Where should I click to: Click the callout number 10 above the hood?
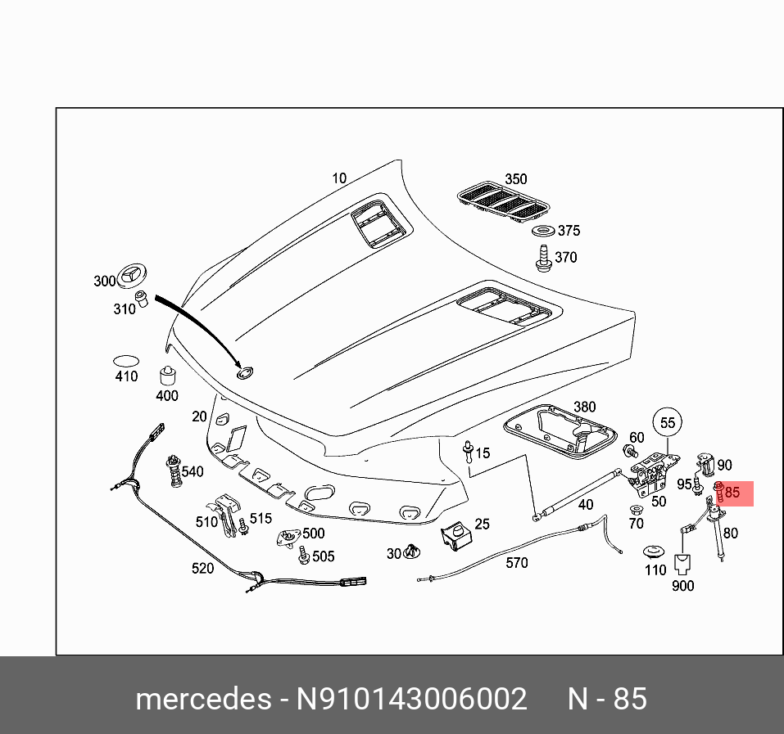[339, 178]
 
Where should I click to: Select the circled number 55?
[668, 422]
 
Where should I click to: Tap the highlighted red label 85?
[732, 493]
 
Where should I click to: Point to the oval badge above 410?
[125, 360]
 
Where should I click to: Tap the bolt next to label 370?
[542, 258]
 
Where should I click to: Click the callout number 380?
[584, 407]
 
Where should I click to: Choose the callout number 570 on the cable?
[517, 562]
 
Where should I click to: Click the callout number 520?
[202, 568]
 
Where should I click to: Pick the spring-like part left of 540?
[174, 471]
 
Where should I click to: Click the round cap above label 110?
[655, 551]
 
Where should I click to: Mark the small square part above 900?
[682, 563]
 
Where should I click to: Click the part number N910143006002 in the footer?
[411, 700]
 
